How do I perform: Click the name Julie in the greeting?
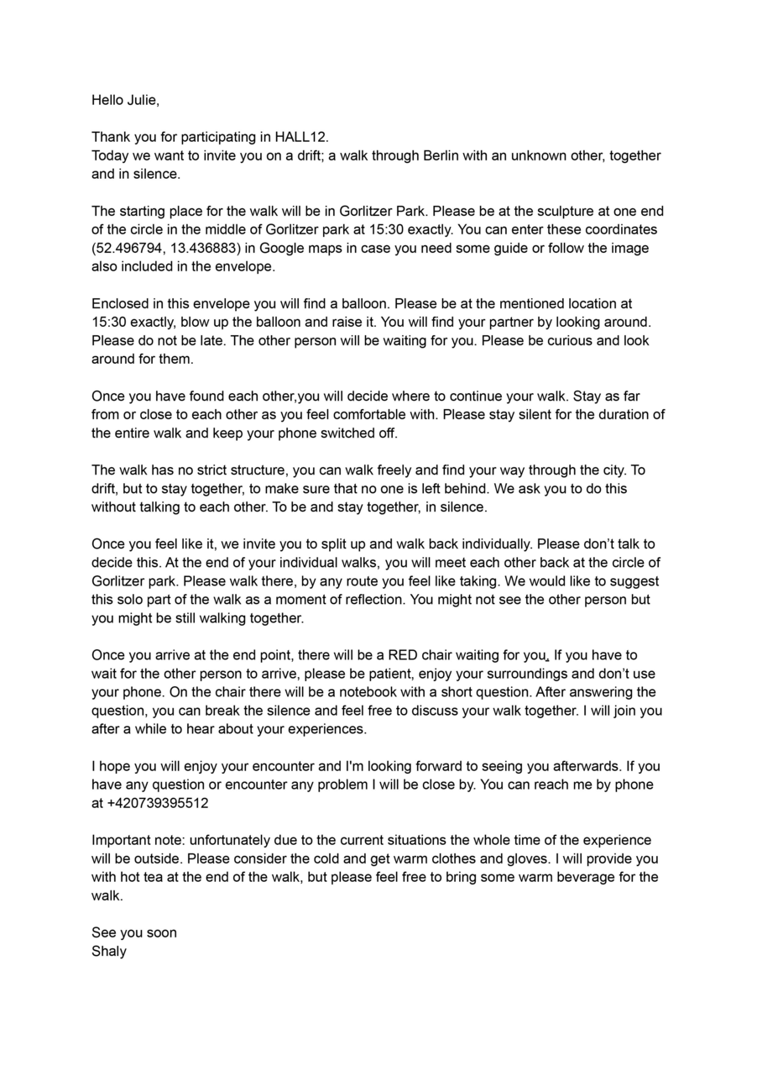(141, 101)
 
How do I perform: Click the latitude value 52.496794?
(128, 249)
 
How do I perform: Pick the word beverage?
(584, 877)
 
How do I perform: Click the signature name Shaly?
(109, 951)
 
